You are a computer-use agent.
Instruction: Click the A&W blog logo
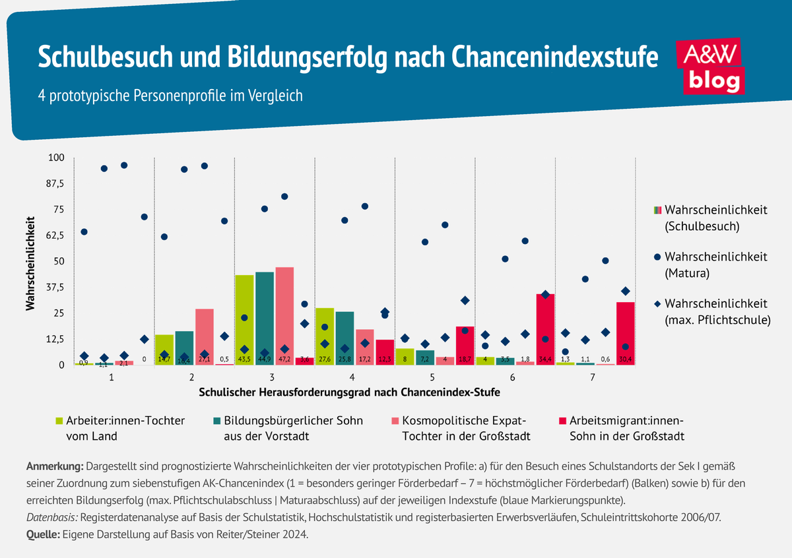click(x=711, y=66)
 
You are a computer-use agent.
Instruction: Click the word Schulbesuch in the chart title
click(x=98, y=57)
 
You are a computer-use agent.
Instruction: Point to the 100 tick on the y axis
click(x=56, y=158)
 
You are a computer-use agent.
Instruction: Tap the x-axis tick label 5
click(x=432, y=378)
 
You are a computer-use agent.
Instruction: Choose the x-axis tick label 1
click(x=112, y=378)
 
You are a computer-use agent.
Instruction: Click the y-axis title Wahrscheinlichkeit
click(x=31, y=261)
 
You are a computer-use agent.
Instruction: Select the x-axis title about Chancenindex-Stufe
click(x=349, y=392)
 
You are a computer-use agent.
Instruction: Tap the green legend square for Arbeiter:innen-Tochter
click(x=59, y=421)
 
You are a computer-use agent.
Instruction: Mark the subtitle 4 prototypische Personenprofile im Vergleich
click(x=170, y=95)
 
